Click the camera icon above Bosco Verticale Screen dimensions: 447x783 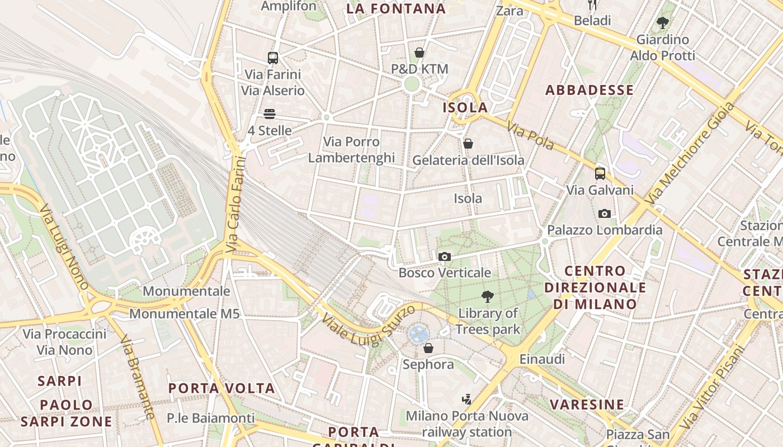pos(445,256)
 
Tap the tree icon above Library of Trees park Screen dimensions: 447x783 pos(488,297)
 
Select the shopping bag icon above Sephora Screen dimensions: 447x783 pos(428,348)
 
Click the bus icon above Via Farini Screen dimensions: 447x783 pos(273,58)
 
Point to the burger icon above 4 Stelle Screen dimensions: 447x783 pos(270,114)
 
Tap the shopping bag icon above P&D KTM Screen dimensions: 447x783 pos(419,53)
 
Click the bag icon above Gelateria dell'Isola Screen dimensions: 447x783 pos(468,144)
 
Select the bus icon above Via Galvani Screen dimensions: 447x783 pos(600,173)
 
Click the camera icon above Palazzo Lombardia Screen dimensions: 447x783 pos(605,213)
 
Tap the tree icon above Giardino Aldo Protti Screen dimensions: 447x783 pos(663,23)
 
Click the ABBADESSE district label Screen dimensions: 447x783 pos(589,90)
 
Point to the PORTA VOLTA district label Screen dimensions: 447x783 pos(221,388)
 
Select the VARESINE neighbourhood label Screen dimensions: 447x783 pos(587,405)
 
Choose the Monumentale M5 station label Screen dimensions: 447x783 pos(185,313)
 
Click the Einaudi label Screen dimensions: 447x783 pos(542,359)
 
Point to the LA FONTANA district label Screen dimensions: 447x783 pos(396,8)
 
